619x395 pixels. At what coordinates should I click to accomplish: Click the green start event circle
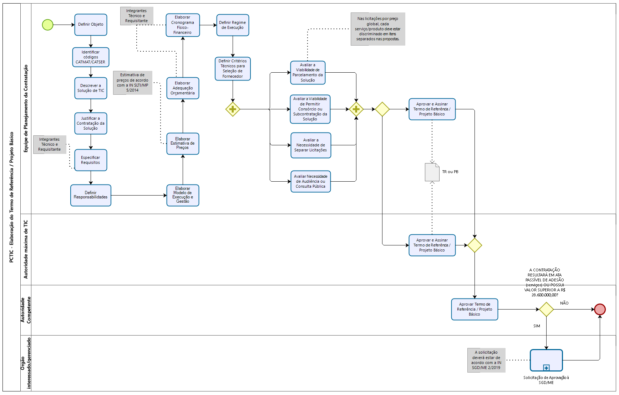(47, 25)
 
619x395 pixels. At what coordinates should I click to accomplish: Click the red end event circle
(600, 309)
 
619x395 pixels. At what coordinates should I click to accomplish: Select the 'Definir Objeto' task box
(91, 25)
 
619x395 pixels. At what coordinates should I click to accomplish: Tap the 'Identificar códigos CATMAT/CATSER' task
(91, 57)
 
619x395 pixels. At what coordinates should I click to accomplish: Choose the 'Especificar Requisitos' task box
(91, 160)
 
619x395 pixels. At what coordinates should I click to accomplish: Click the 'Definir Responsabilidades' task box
(91, 195)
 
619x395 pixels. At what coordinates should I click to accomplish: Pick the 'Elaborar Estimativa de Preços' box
(183, 144)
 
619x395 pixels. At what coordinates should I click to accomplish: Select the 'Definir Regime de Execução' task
(233, 25)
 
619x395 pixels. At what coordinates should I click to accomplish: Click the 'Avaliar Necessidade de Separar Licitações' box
(311, 145)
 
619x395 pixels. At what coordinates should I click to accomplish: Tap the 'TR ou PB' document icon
(432, 172)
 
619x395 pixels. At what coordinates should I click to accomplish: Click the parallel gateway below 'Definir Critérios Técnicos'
(233, 109)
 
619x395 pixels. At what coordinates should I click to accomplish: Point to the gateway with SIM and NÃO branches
(546, 309)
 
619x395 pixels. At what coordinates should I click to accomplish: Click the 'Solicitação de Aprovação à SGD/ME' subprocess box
(546, 360)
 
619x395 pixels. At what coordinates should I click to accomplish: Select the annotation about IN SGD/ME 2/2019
(486, 360)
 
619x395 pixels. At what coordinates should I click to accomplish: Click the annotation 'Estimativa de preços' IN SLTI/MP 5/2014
(132, 83)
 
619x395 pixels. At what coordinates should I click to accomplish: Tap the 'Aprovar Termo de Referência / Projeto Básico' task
(475, 309)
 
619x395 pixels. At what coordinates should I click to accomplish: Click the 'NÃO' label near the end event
(564, 303)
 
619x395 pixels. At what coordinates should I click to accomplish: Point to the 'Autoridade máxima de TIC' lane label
(26, 249)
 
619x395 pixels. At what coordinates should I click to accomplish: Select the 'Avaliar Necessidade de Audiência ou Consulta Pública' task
(311, 181)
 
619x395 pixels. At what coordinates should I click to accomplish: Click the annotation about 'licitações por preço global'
(378, 29)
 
